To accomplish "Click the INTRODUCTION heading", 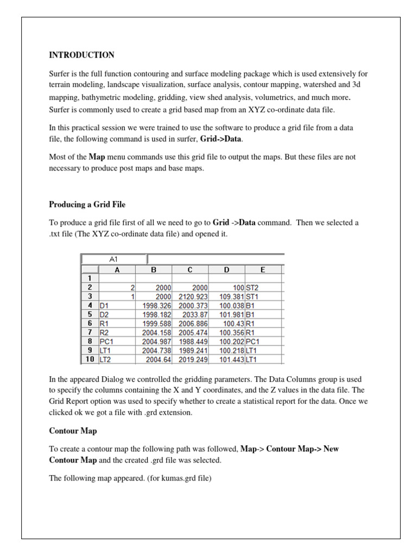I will [x=81, y=55].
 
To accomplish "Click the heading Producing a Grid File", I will [x=87, y=204].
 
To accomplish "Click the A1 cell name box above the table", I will [x=113, y=260].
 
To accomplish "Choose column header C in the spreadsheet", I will [x=190, y=269].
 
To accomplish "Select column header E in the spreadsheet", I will [x=263, y=269].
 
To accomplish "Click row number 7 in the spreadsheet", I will [x=89, y=332].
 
